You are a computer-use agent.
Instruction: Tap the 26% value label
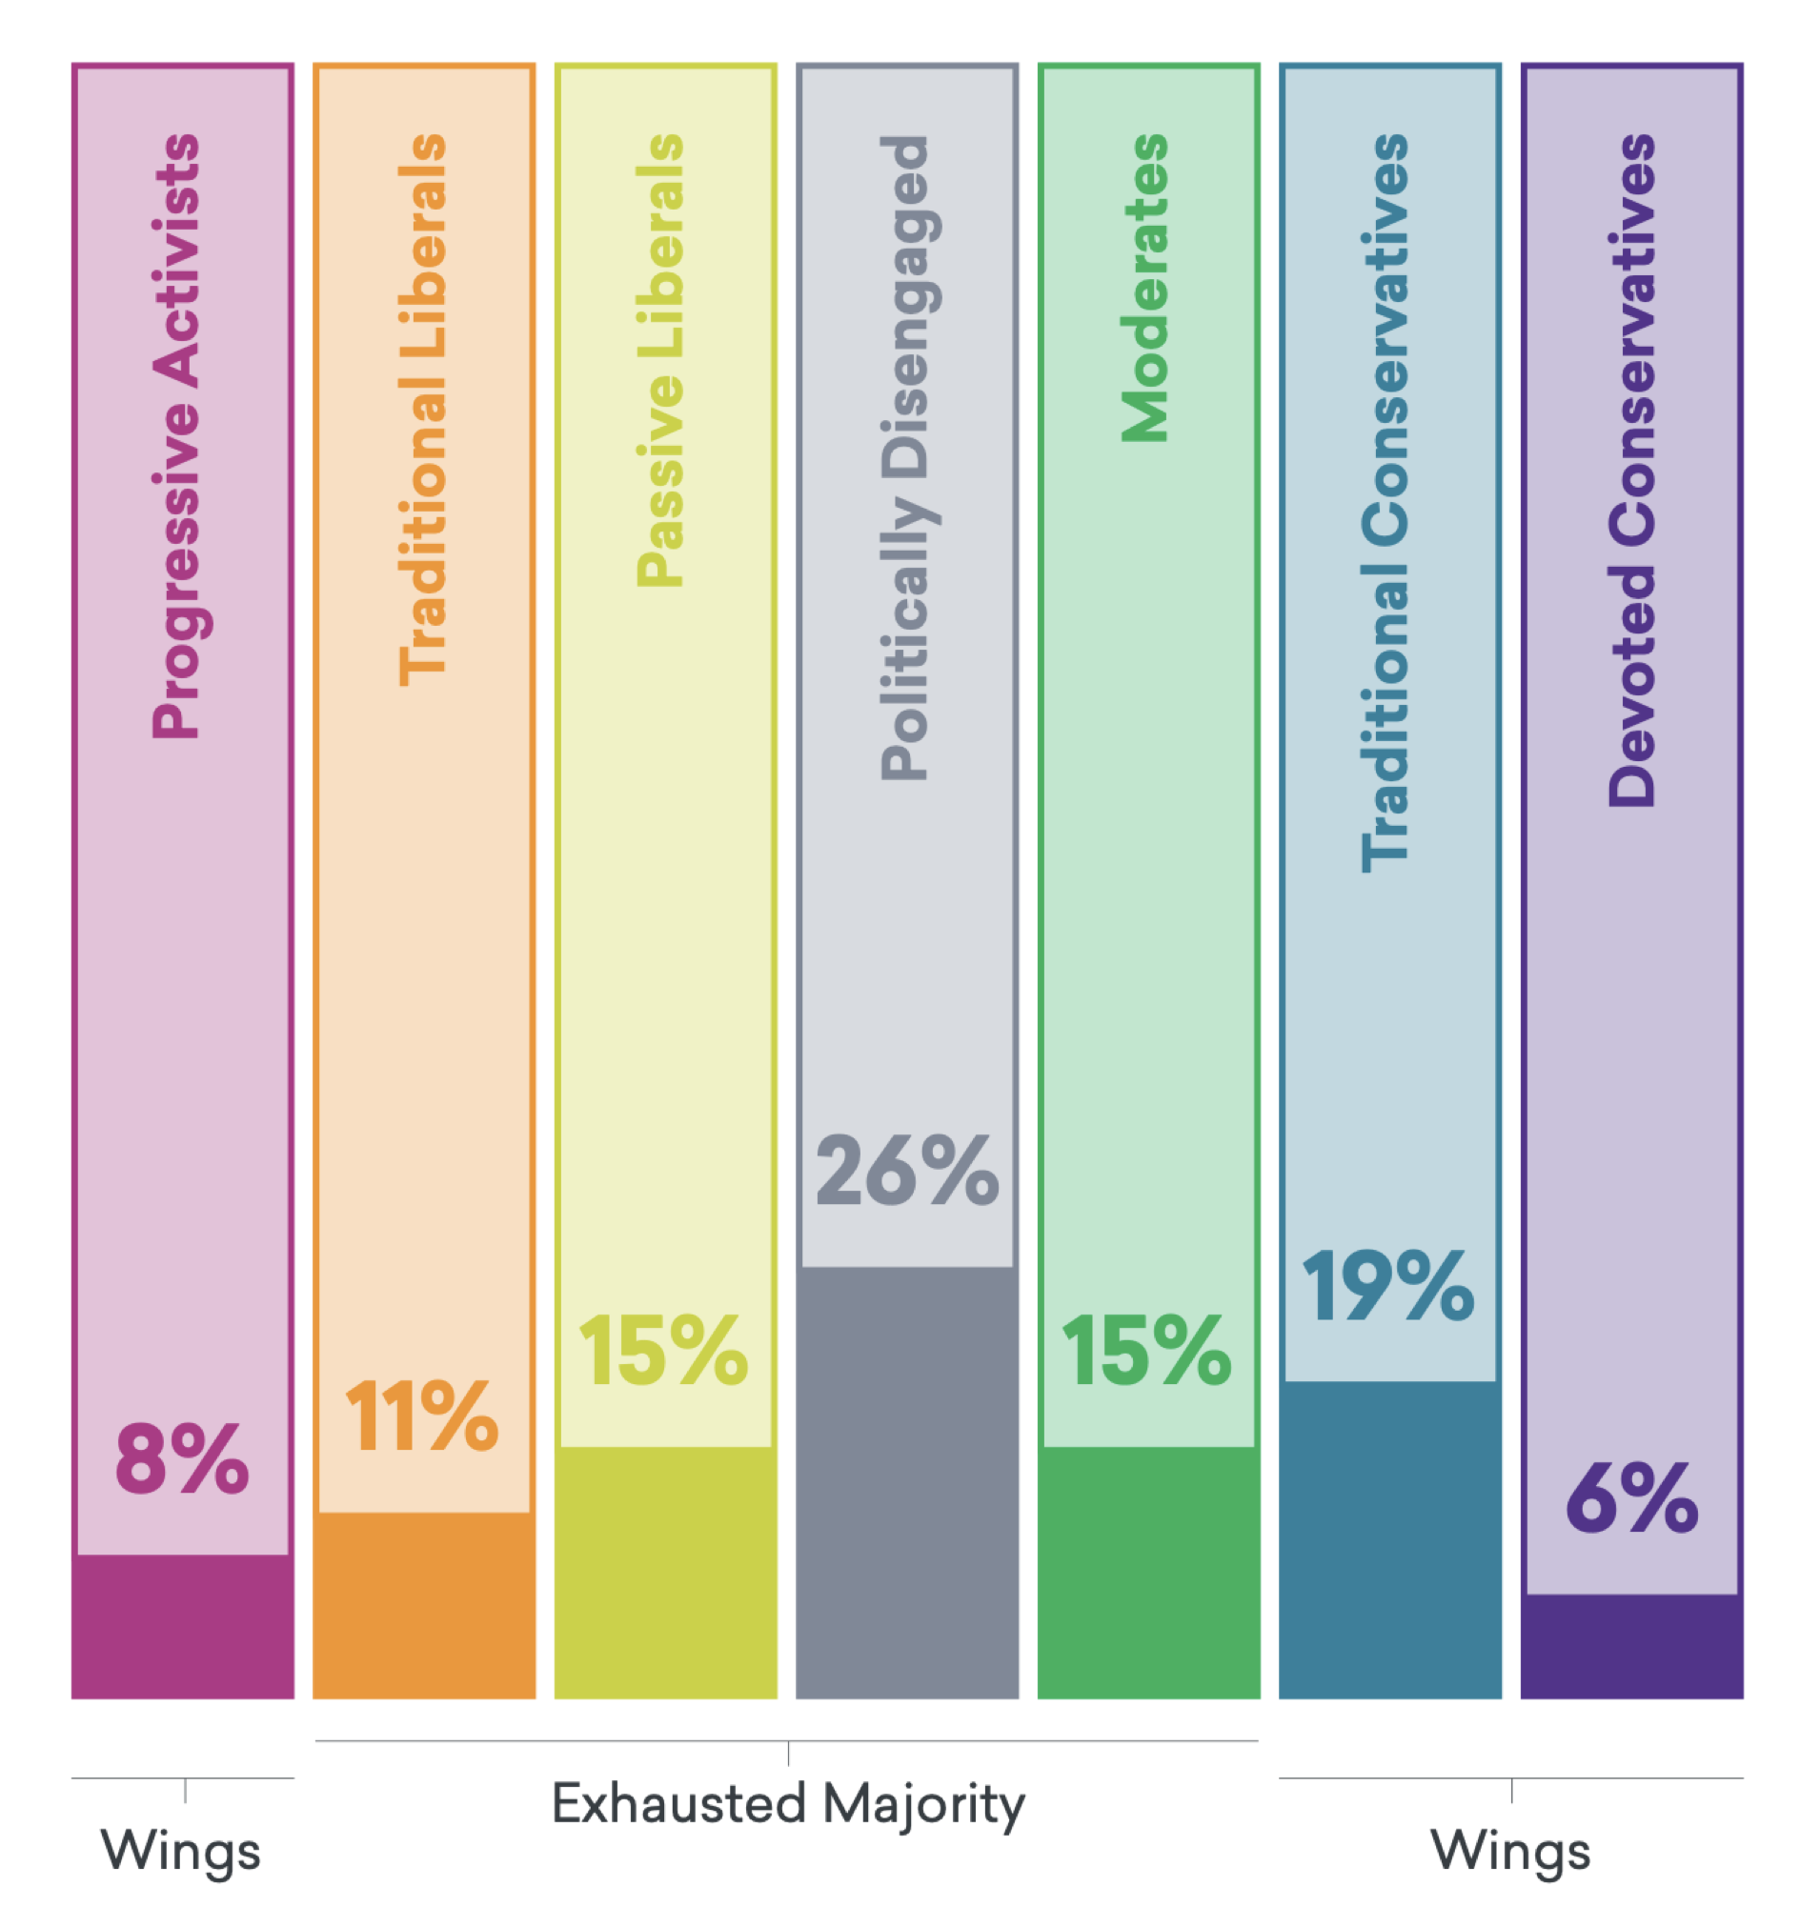point(907,1171)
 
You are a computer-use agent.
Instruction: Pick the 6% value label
point(1631,1499)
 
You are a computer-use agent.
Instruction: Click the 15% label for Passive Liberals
point(663,1350)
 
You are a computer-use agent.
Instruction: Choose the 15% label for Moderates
point(1146,1350)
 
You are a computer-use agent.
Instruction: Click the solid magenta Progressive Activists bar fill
point(182,1629)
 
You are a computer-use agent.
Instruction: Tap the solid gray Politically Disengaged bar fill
point(907,1484)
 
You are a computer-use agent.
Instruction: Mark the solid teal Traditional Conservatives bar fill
point(1389,1542)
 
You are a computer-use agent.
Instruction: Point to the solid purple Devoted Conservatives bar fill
point(1631,1649)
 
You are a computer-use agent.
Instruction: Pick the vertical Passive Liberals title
point(660,360)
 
